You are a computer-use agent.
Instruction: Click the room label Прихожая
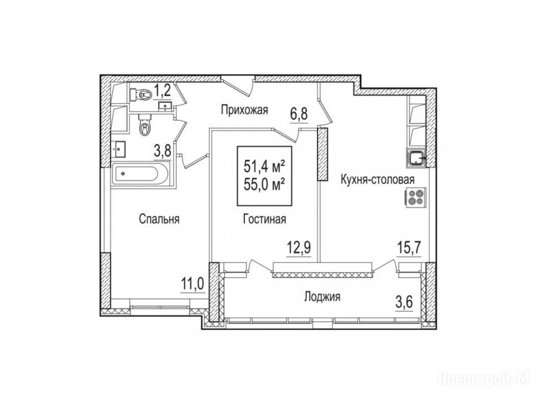[x=244, y=110]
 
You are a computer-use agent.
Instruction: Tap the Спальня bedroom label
[x=159, y=219]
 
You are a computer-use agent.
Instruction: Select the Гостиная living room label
[x=264, y=219]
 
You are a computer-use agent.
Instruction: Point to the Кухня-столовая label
[x=378, y=179]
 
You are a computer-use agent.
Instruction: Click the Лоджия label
[x=323, y=297]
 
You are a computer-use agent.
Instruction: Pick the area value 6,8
[x=299, y=114]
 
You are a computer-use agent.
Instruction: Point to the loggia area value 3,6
[x=404, y=304]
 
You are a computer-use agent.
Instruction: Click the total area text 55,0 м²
[x=265, y=186]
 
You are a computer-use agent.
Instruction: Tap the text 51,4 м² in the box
[x=265, y=167]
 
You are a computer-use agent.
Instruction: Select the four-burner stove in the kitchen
[x=415, y=197]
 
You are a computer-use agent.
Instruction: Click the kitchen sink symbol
[x=416, y=158]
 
